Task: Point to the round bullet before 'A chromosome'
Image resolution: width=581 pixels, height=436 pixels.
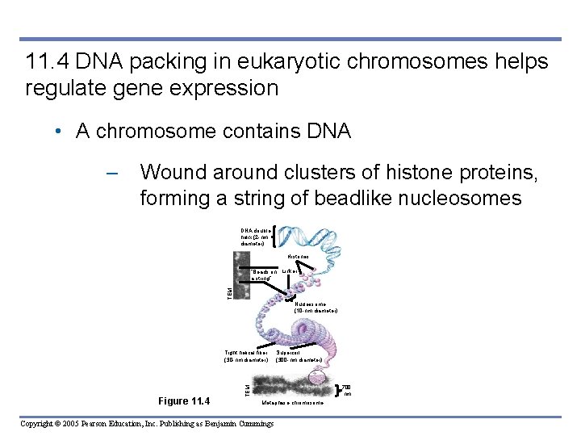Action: point(61,132)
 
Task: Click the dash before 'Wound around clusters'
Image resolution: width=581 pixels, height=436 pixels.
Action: point(112,172)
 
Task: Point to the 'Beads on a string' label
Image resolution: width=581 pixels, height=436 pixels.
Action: point(264,275)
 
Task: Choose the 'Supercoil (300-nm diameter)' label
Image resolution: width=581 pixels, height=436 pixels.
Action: point(299,356)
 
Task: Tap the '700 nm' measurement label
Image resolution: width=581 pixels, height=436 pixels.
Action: point(347,390)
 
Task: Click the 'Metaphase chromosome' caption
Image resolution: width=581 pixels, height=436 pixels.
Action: point(292,401)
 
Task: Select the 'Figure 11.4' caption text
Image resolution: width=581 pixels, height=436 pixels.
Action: point(183,401)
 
